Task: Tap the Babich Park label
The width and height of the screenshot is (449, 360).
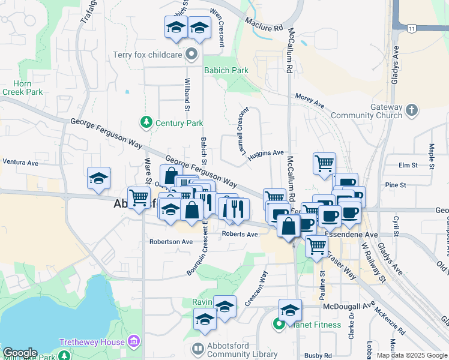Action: [x=226, y=70]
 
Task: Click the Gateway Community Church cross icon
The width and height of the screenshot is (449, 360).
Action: [x=411, y=110]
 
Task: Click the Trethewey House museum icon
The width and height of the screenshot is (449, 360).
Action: [x=134, y=342]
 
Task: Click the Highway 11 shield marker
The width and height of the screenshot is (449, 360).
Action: [x=411, y=28]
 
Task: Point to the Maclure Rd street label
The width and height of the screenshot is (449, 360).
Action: [x=264, y=25]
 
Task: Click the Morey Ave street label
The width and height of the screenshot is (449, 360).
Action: [x=309, y=100]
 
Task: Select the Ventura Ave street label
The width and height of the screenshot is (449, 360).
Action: [x=20, y=162]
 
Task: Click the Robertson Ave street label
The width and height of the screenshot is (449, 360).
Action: [x=171, y=242]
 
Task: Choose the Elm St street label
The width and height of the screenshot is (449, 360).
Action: [x=408, y=165]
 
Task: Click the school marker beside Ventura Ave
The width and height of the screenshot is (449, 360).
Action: [x=98, y=178]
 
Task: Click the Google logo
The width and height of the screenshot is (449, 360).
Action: [x=20, y=353]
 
